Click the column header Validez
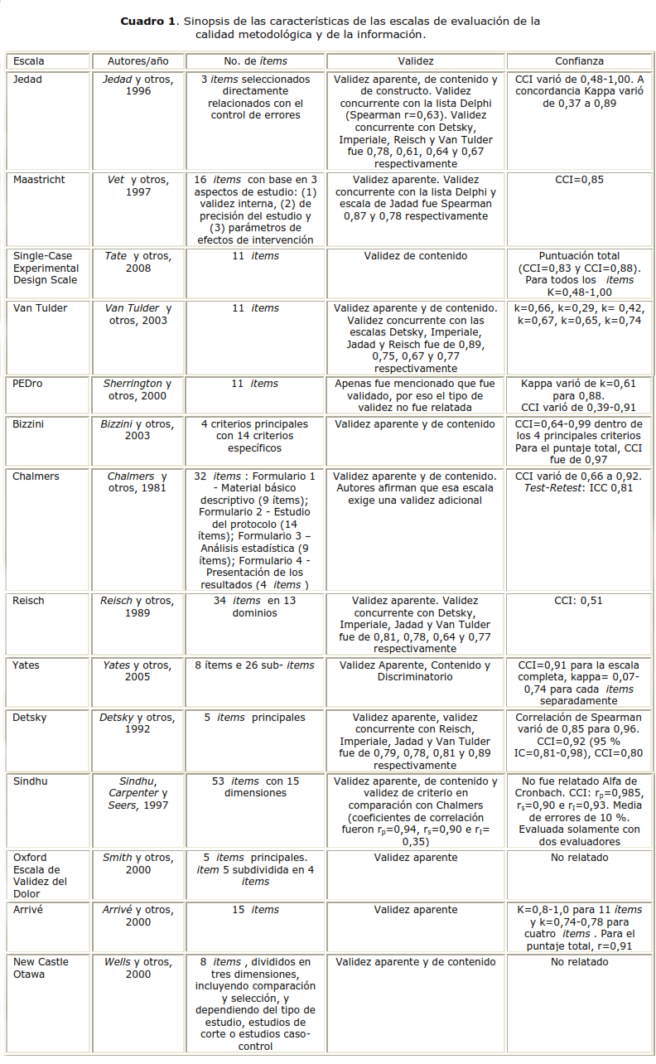tap(415, 61)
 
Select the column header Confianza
tap(579, 61)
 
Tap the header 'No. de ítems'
tap(254, 61)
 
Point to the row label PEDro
tap(28, 384)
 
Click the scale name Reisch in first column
tap(29, 601)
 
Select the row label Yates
tap(26, 665)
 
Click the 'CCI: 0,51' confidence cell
tap(579, 601)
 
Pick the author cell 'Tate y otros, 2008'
tap(138, 262)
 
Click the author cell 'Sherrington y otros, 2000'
tap(138, 389)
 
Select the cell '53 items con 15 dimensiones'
tap(254, 786)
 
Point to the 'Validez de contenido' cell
tap(415, 256)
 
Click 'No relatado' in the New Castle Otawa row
tap(579, 962)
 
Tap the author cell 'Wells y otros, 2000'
tap(138, 968)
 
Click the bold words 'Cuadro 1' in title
tap(148, 21)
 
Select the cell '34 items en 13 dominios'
tap(254, 607)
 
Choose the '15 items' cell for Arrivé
tap(254, 910)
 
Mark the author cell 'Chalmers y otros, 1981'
tap(138, 481)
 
